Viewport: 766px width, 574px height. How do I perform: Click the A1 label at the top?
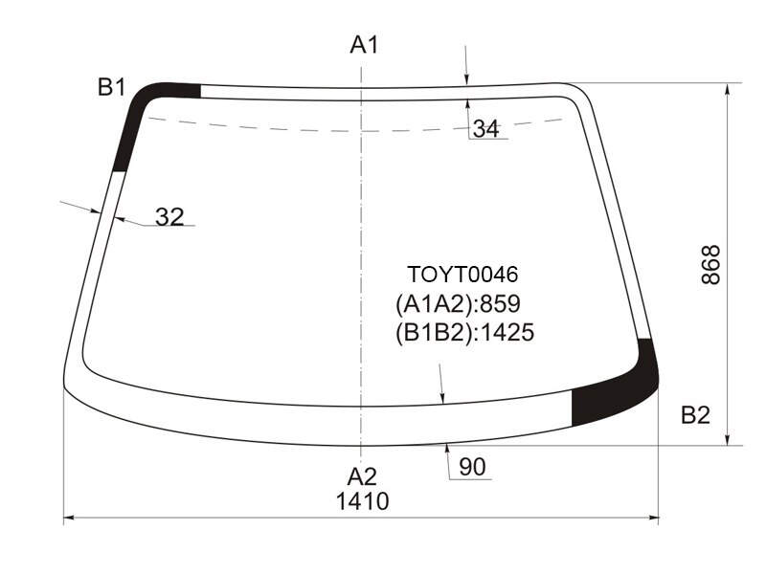pyautogui.click(x=365, y=45)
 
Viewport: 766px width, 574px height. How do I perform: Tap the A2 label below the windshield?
pyautogui.click(x=362, y=476)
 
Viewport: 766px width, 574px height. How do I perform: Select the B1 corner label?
pyautogui.click(x=112, y=87)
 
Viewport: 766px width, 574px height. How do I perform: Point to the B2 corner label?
pyautogui.click(x=695, y=415)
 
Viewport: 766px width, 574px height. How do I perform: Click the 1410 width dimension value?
pyautogui.click(x=363, y=501)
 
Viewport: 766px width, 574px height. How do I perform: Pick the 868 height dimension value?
pyautogui.click(x=710, y=265)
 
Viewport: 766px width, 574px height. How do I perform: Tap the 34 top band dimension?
pyautogui.click(x=486, y=129)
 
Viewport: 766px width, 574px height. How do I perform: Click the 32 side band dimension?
pyautogui.click(x=169, y=216)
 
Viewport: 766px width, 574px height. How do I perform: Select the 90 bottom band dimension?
pyautogui.click(x=472, y=467)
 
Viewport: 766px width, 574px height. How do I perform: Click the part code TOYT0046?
pyautogui.click(x=462, y=275)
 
